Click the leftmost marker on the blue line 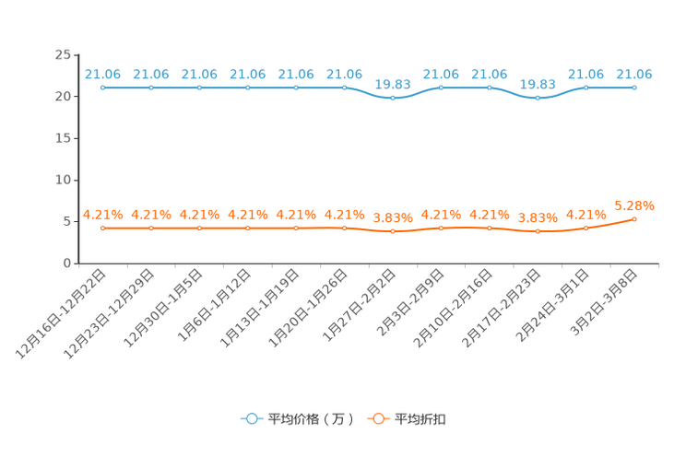[x=102, y=88]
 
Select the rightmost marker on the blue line [x=634, y=88]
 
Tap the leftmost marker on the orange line [x=102, y=227]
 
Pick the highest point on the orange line [x=634, y=218]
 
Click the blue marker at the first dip [x=393, y=97]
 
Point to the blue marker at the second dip [x=538, y=97]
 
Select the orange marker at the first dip [x=393, y=231]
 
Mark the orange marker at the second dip [x=538, y=231]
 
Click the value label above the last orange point [x=634, y=205]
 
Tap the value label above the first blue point [x=102, y=74]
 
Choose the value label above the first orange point [x=102, y=214]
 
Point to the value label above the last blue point [x=634, y=74]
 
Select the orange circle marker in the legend [x=376, y=418]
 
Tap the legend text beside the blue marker [x=310, y=419]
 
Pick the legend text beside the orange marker [x=420, y=419]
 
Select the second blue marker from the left [x=150, y=88]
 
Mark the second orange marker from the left [x=150, y=227]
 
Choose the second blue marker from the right [x=586, y=88]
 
